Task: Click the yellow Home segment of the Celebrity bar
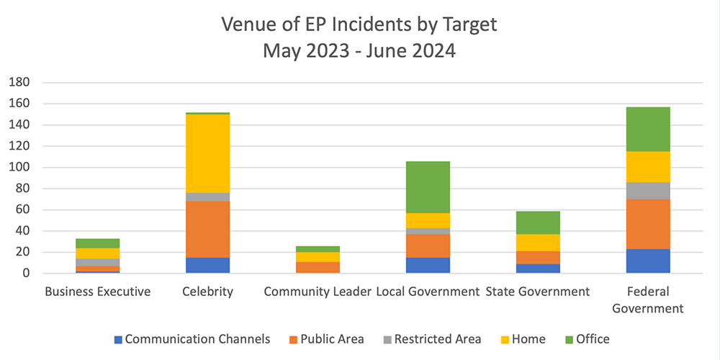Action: [x=207, y=153]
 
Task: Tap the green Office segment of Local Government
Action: [x=428, y=187]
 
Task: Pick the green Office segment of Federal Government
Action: [x=648, y=129]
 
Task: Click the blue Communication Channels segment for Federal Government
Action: [x=648, y=261]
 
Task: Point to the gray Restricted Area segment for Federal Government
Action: [x=648, y=191]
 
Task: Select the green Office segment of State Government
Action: [x=538, y=222]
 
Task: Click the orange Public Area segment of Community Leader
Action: [x=318, y=267]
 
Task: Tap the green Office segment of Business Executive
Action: [x=97, y=243]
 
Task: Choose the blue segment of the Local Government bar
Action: [x=428, y=265]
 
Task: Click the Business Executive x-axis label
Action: [x=97, y=292]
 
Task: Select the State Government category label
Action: [x=538, y=292]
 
